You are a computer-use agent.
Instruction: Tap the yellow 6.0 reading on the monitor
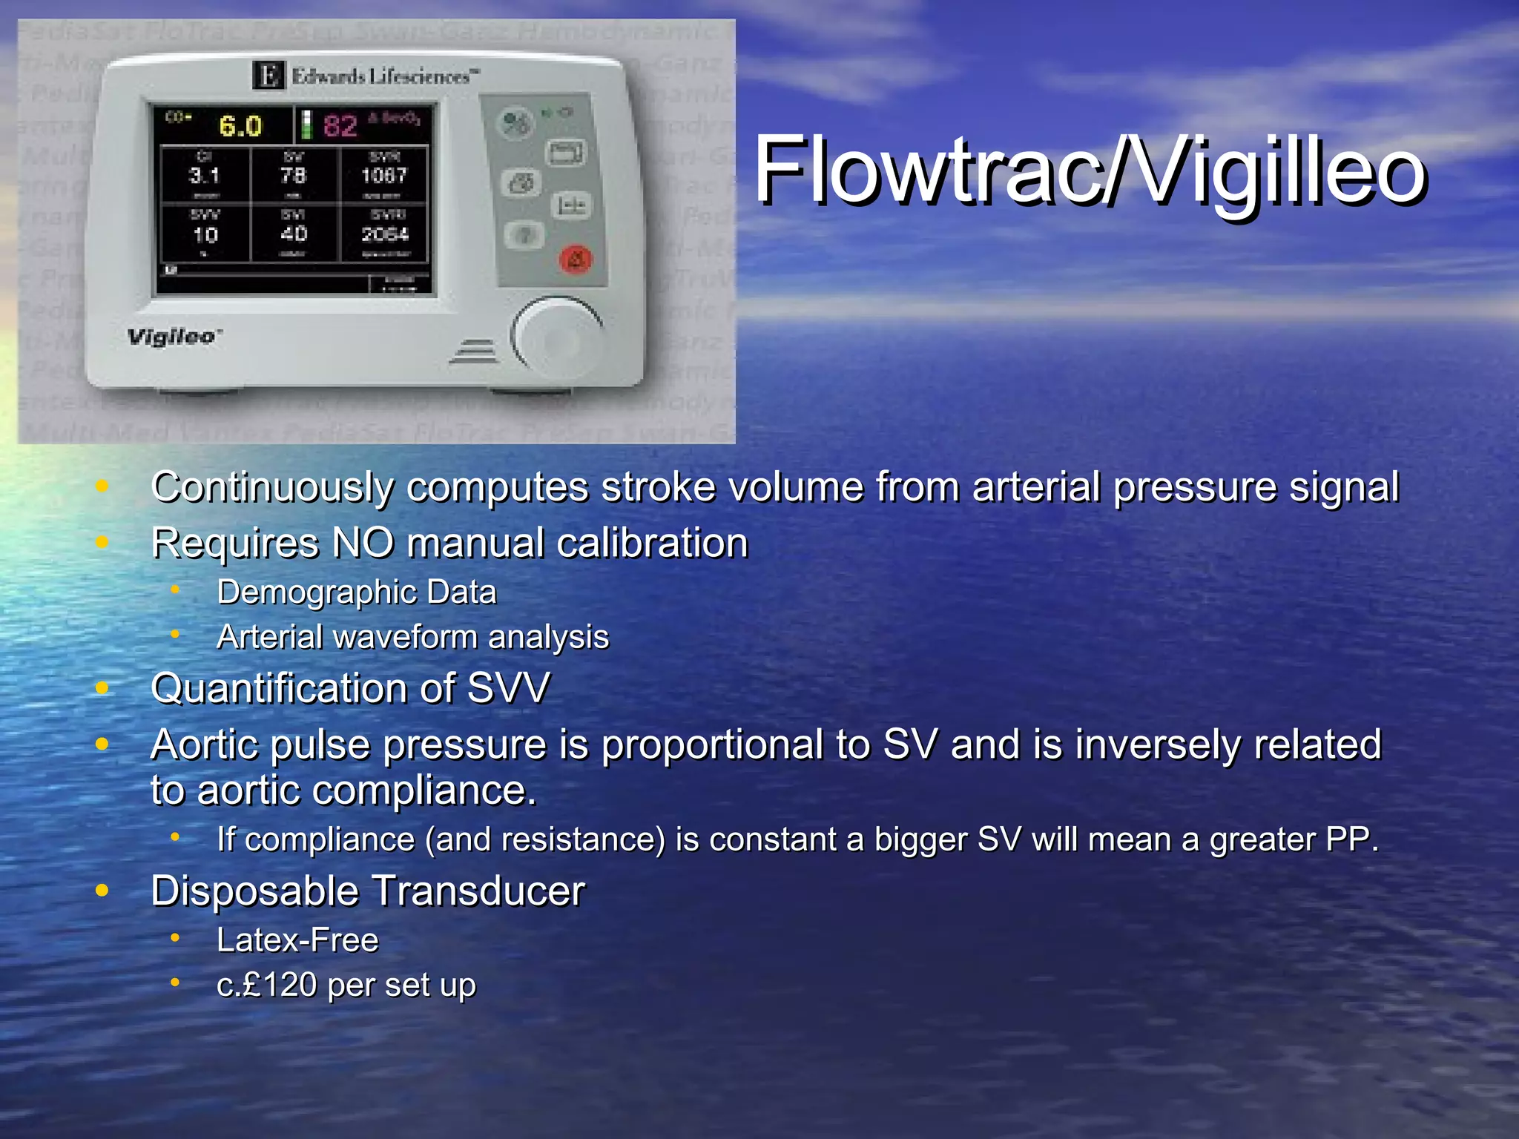pyautogui.click(x=240, y=126)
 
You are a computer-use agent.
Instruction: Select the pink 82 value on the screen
pyautogui.click(x=340, y=125)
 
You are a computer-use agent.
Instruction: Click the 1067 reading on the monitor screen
pyautogui.click(x=383, y=176)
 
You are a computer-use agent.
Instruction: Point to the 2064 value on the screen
pyautogui.click(x=385, y=234)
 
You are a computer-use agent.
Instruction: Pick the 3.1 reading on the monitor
pyautogui.click(x=205, y=176)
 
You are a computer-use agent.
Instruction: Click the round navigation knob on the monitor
pyautogui.click(x=557, y=337)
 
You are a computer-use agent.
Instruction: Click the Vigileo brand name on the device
pyautogui.click(x=173, y=337)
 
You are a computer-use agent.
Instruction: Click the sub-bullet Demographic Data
pyautogui.click(x=357, y=592)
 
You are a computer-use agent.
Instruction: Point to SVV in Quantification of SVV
pyautogui.click(x=509, y=688)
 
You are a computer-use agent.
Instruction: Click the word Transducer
pyautogui.click(x=478, y=891)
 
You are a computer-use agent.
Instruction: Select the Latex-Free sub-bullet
pyautogui.click(x=297, y=940)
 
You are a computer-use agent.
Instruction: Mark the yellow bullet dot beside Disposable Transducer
pyautogui.click(x=102, y=890)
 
